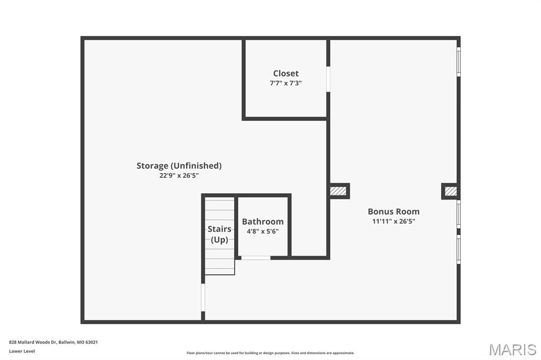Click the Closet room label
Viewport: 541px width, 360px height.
tap(285, 73)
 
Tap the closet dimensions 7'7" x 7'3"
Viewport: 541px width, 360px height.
tap(285, 83)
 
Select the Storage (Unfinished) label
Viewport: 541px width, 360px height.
tap(179, 166)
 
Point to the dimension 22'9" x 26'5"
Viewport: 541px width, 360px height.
tap(179, 176)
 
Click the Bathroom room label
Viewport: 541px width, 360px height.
tap(263, 222)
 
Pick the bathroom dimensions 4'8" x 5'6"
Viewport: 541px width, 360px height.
tap(263, 231)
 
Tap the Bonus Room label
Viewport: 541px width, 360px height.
tap(394, 212)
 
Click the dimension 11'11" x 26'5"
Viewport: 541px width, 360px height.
tap(394, 222)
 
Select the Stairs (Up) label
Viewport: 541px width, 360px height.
tap(219, 234)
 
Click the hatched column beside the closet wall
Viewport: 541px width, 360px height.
tap(338, 191)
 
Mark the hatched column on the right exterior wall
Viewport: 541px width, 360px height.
tap(450, 191)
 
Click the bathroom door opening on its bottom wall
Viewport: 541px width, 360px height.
tap(256, 258)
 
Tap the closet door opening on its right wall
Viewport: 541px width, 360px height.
tap(328, 79)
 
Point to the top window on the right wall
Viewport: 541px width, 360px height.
tap(459, 62)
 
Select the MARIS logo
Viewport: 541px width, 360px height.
tap(512, 349)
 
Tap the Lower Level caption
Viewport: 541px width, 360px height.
tap(22, 351)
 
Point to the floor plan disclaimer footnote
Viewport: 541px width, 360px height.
tap(270, 353)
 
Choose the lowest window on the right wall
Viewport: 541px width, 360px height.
tap(459, 249)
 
